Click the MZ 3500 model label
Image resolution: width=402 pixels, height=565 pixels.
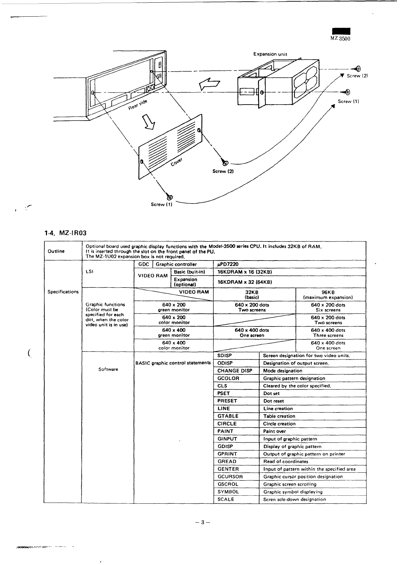coord(340,38)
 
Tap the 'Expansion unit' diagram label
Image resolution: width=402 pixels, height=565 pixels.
coord(270,54)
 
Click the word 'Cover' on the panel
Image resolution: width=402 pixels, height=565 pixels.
coord(177,162)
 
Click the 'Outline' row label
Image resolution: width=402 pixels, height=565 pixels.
coord(56,251)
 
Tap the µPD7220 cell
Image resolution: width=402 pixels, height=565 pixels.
coord(228,265)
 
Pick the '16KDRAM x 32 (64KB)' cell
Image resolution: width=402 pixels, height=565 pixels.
coord(245,282)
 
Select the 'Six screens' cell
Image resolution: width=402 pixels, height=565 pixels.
coord(328,307)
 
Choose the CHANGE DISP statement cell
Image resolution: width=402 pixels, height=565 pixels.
coord(235,371)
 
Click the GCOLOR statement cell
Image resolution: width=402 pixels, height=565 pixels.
coord(228,378)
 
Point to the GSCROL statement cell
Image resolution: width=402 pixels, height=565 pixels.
coord(228,484)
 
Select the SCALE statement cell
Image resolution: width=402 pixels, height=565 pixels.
coord(226,499)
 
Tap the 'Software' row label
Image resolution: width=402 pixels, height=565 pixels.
coord(108,369)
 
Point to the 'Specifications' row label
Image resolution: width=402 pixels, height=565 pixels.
coord(63,292)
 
